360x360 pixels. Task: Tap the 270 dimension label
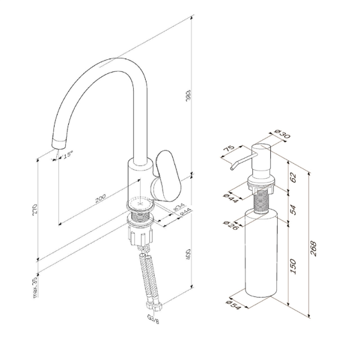coord(34,209)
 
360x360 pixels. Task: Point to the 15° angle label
coord(68,155)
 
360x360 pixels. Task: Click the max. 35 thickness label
coord(34,287)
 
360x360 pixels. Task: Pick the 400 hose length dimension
coord(188,254)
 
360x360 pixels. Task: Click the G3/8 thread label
coord(153,319)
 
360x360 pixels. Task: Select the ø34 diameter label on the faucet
coord(178,208)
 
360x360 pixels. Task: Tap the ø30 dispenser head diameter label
coord(283,134)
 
